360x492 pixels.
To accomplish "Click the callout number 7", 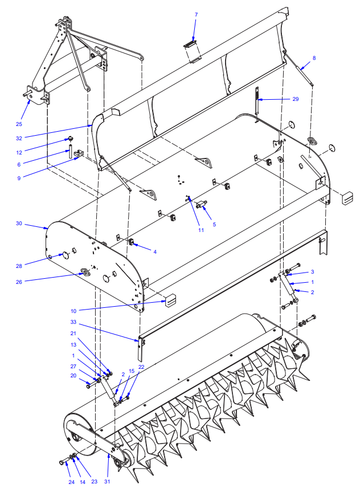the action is (x=197, y=15).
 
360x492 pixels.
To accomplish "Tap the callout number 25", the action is (x=19, y=124).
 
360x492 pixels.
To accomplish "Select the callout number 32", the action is (x=19, y=138).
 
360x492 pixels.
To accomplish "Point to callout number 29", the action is (x=296, y=99).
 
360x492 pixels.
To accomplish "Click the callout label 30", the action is (x=19, y=223).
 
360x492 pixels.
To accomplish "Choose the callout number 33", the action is (x=73, y=322).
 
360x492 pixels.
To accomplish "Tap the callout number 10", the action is (x=73, y=311).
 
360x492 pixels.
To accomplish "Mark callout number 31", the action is (x=107, y=482).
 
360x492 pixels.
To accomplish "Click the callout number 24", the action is (x=72, y=482).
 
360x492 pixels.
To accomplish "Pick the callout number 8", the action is (x=314, y=58).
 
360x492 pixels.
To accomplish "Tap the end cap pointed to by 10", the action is (x=170, y=300).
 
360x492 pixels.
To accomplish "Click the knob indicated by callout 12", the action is (x=71, y=139).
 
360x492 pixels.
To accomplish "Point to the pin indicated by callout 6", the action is (x=70, y=151).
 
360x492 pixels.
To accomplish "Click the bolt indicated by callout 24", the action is (x=64, y=462).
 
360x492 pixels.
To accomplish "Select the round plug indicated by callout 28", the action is (x=66, y=255).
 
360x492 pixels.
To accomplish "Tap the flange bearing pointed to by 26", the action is (x=85, y=271).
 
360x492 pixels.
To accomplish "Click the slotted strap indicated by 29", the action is (x=257, y=100).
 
